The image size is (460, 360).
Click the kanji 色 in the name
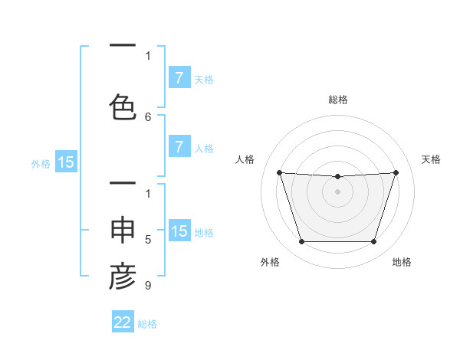123,106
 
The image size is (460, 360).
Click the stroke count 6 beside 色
148,117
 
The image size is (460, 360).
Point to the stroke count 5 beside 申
148,240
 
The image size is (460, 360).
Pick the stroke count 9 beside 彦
148,286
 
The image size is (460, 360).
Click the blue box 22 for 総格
123,322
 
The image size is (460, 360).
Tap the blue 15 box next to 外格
66,162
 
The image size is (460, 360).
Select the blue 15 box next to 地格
179,232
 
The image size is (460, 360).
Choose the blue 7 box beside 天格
179,78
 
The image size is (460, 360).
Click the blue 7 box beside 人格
179,147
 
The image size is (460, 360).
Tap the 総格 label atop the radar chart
338,100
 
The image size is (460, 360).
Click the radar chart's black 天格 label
431,159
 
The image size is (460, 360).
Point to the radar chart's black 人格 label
245,159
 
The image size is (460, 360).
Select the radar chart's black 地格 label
402,262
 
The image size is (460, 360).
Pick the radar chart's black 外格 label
270,262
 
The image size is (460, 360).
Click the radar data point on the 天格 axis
396,172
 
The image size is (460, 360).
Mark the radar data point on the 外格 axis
301,242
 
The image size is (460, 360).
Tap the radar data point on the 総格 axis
338,177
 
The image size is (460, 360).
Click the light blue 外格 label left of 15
41,163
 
